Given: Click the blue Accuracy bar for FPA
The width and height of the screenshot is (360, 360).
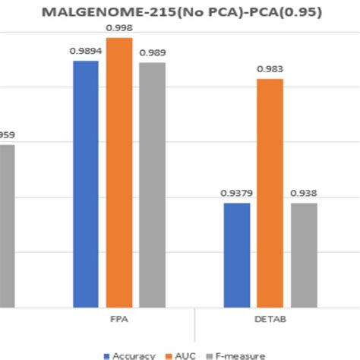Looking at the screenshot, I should (x=86, y=184).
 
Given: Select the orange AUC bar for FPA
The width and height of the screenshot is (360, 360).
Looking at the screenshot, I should (x=118, y=172).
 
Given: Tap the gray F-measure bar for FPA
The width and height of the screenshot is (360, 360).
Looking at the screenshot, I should (x=152, y=185).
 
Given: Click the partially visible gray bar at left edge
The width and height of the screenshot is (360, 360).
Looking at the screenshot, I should (x=7, y=226).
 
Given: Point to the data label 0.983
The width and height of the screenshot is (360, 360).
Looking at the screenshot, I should (x=270, y=68).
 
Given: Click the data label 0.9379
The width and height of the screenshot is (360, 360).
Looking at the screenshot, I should (x=237, y=193).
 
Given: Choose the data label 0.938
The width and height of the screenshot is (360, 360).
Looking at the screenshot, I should (x=304, y=193).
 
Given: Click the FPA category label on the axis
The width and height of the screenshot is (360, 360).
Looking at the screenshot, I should (x=119, y=320).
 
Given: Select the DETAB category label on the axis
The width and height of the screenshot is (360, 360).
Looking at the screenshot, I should (x=270, y=320).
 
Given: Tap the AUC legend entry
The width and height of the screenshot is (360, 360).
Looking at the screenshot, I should (x=181, y=355).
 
